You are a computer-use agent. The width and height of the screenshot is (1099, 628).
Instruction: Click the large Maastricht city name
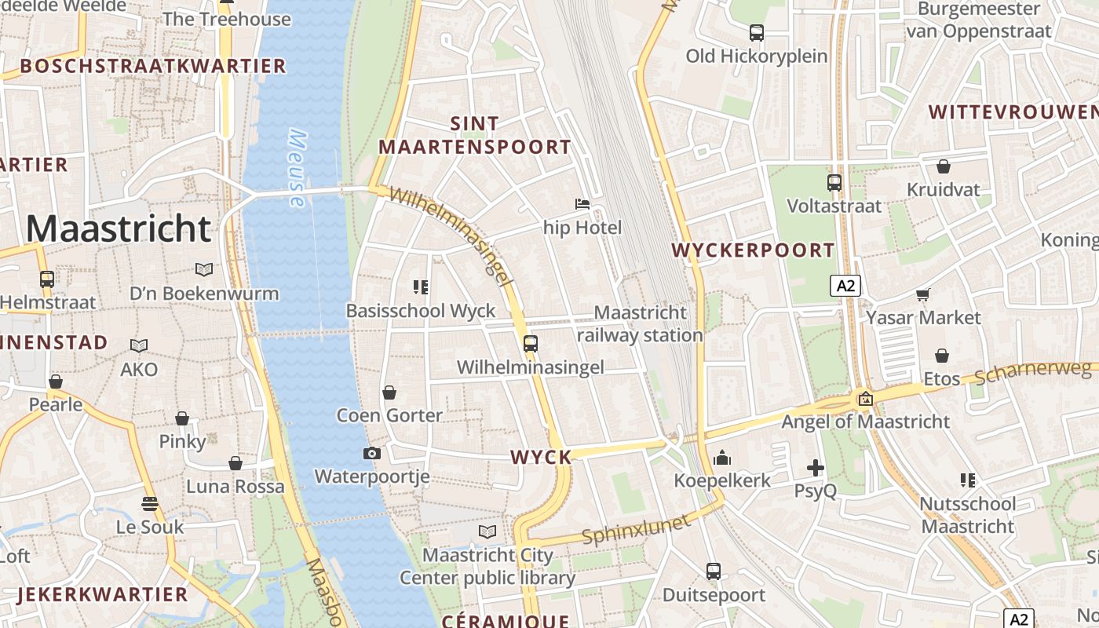click(119, 228)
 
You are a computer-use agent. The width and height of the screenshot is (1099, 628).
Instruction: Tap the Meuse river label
click(297, 168)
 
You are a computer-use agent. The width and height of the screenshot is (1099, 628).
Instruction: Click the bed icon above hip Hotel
click(582, 204)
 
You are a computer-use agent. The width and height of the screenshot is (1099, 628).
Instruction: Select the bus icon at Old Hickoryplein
click(757, 33)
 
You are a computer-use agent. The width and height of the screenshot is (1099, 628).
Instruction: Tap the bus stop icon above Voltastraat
click(834, 183)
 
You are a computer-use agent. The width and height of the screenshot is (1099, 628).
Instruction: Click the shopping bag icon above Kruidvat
click(944, 166)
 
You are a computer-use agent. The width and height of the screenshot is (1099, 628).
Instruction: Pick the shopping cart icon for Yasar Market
click(923, 294)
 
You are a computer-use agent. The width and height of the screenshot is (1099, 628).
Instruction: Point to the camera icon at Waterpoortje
click(372, 453)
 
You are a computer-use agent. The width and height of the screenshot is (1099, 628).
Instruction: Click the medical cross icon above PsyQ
click(816, 469)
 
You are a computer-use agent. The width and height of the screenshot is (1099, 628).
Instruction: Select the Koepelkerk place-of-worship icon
click(722, 458)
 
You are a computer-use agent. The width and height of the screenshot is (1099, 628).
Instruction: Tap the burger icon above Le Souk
click(149, 503)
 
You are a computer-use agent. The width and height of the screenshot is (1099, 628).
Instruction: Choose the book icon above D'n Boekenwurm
click(204, 270)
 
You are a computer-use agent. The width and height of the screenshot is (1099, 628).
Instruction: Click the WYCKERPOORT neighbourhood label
click(754, 250)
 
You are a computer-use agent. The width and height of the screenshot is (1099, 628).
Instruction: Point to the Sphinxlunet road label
click(637, 529)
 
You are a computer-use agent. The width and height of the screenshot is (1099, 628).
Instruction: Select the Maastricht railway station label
click(640, 323)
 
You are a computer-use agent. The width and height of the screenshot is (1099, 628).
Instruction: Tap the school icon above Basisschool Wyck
click(421, 287)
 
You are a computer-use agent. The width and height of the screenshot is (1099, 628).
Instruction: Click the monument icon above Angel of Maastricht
click(865, 399)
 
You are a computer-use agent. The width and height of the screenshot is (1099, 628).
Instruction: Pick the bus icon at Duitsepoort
click(714, 571)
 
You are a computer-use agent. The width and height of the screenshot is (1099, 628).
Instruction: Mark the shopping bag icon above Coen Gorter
click(389, 392)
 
